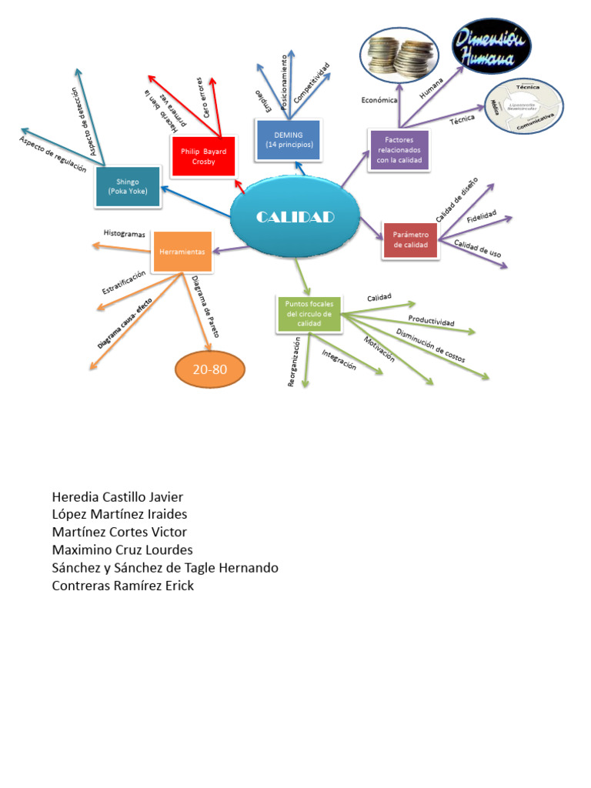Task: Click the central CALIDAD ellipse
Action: [295, 217]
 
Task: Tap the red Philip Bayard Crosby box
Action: [204, 157]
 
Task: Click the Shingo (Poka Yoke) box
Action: [128, 186]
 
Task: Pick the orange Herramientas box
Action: [182, 252]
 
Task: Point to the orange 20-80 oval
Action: [210, 370]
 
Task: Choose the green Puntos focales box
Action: [309, 314]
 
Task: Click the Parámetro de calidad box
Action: [410, 239]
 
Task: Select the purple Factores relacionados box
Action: [399, 150]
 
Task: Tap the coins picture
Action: [399, 55]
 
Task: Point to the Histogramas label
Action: [125, 233]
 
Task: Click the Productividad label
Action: [431, 320]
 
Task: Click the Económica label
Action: [379, 100]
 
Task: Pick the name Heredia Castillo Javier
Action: [118, 496]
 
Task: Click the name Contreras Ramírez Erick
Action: [123, 586]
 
